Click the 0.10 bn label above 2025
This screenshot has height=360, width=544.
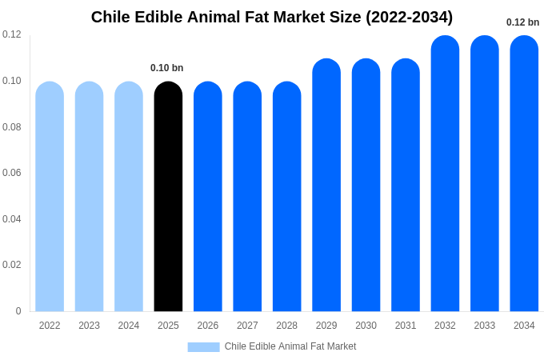point(167,68)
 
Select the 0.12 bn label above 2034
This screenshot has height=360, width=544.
point(522,22)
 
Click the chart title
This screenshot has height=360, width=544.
point(272,17)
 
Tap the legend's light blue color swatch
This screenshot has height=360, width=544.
point(203,346)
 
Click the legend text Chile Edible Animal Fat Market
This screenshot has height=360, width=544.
point(290,346)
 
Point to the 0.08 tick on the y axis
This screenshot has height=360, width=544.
point(12,127)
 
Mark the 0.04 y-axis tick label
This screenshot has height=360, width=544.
point(12,219)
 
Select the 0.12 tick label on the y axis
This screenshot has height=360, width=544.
point(12,34)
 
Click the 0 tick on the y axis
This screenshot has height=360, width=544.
point(18,311)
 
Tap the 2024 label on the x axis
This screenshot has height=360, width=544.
point(129,326)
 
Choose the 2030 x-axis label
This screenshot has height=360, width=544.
point(366,326)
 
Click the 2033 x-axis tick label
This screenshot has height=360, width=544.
point(485,326)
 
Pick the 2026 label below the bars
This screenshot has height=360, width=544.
point(208,326)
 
